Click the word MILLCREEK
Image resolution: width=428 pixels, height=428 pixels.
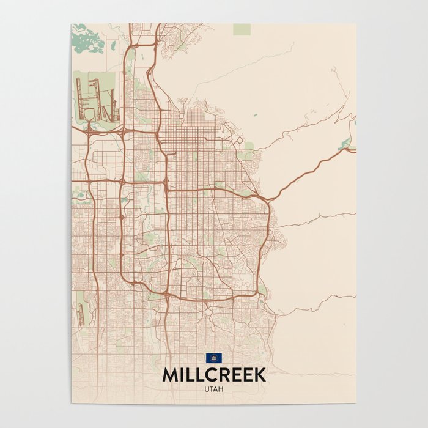(214, 375)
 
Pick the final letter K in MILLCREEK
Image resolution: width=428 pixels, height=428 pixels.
(260, 375)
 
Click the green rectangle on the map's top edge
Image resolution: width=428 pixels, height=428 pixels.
(242, 29)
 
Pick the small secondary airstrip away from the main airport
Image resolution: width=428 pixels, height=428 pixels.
(82, 312)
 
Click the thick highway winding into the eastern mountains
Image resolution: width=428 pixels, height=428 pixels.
(306, 171)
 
